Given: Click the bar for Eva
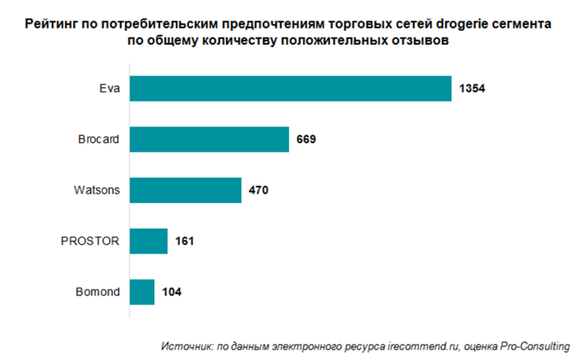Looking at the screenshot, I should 290,89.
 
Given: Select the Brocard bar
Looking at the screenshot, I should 209,140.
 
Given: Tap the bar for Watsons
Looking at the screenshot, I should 185,191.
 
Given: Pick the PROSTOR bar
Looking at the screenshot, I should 149,241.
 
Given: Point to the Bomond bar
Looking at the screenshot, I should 142,292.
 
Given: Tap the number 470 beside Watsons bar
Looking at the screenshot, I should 258,191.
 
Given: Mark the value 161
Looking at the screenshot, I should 185,241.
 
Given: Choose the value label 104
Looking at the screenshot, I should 171,292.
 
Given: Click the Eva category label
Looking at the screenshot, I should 110,89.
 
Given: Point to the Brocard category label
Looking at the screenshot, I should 98,140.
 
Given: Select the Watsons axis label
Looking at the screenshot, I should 97,191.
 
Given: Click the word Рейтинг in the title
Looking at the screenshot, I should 51,25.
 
